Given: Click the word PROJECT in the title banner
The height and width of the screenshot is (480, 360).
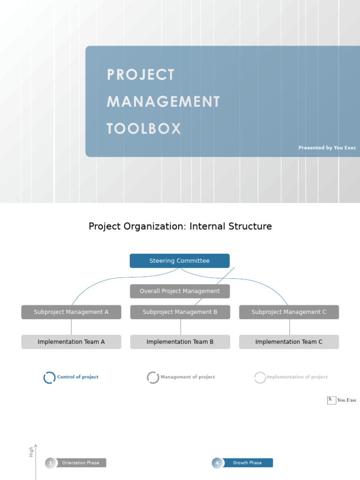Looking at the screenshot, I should click(x=141, y=75).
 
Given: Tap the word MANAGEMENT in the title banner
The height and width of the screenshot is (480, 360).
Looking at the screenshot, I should click(x=163, y=102).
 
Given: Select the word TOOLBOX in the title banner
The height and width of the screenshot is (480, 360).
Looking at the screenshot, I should click(x=144, y=129).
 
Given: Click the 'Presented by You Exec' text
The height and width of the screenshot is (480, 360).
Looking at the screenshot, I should click(x=327, y=148).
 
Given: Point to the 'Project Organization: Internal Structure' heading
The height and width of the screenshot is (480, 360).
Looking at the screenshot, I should click(x=180, y=226).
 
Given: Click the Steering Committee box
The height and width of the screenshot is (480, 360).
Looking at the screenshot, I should click(x=180, y=261).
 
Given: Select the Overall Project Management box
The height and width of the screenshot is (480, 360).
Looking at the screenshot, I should click(x=180, y=291).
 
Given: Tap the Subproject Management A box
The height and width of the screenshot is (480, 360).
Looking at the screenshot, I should click(x=71, y=312).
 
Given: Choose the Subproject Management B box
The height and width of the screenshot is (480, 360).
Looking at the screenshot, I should click(x=180, y=312).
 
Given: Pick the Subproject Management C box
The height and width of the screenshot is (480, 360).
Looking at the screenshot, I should click(x=289, y=312).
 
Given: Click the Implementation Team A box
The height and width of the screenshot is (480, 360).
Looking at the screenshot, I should click(x=71, y=342).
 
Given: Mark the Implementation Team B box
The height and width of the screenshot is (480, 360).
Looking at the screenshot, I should click(x=180, y=342).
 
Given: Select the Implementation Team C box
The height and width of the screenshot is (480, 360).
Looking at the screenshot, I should click(x=289, y=342).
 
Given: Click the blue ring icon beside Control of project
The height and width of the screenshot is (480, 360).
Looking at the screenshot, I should click(x=49, y=377).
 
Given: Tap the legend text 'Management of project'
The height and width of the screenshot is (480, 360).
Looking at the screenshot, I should click(x=187, y=377).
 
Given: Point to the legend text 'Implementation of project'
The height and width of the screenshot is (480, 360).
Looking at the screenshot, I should click(x=297, y=377).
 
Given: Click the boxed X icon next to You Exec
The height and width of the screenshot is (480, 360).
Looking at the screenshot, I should click(x=331, y=400).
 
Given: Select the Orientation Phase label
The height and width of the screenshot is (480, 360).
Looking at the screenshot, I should click(x=81, y=463).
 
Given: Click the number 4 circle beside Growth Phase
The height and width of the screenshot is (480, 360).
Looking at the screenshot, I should click(x=217, y=463).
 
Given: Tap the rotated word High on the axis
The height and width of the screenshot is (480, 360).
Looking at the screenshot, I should click(x=31, y=452).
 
